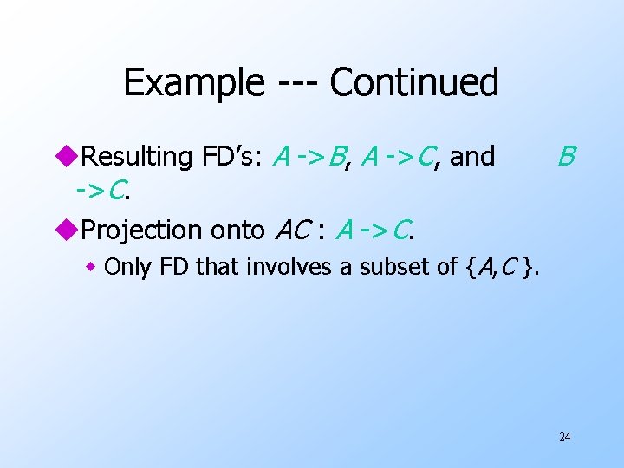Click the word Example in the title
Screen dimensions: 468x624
[193, 83]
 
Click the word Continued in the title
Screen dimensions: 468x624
[414, 83]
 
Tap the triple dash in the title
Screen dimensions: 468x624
[296, 84]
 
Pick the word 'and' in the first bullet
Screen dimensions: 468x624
[472, 157]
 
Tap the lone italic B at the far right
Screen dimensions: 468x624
[565, 157]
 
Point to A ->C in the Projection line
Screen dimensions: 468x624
[374, 230]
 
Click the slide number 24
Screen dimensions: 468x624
[564, 437]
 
